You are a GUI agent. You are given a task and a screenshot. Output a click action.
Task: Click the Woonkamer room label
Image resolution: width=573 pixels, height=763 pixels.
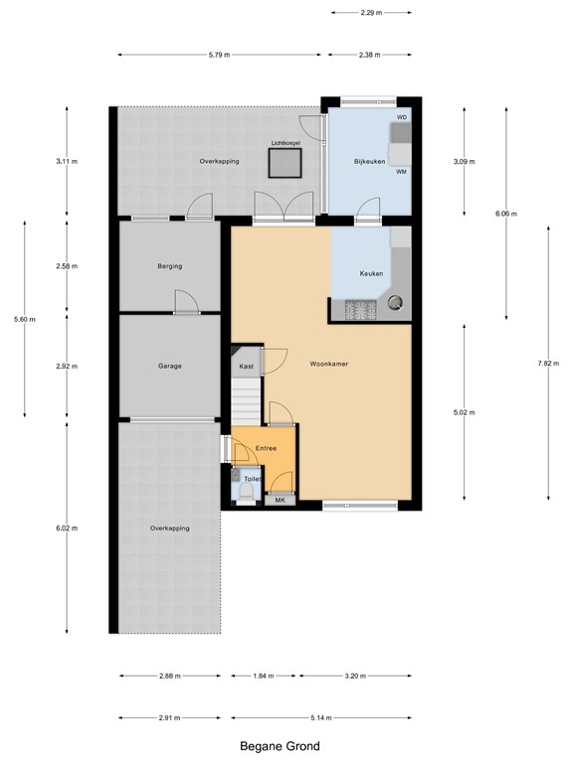(x=327, y=364)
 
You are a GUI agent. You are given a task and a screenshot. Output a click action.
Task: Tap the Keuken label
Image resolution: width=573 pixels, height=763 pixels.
(x=371, y=273)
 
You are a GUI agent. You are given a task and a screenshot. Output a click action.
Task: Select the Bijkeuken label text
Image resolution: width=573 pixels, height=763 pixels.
(x=369, y=161)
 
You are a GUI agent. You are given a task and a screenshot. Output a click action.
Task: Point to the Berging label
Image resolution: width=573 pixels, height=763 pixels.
(x=169, y=266)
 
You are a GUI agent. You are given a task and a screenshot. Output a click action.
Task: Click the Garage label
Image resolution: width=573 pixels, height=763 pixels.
(x=169, y=367)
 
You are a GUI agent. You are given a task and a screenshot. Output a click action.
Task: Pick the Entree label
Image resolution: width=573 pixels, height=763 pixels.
(x=266, y=449)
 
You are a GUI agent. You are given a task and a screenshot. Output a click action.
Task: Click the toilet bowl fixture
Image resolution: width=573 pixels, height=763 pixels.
(x=247, y=491)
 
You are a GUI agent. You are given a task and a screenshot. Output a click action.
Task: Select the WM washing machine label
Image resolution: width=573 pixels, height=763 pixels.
(x=402, y=172)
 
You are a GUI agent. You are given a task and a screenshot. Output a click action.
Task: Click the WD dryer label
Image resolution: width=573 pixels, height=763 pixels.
(x=402, y=118)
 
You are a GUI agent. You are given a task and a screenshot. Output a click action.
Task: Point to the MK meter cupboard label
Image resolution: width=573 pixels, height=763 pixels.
(x=280, y=500)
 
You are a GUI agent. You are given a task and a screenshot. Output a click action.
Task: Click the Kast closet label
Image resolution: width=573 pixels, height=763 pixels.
(x=246, y=367)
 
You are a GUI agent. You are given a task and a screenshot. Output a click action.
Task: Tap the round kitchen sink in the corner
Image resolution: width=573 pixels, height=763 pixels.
(x=398, y=303)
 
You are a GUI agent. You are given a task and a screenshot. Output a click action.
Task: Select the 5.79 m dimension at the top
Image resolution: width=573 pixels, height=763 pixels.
(x=219, y=55)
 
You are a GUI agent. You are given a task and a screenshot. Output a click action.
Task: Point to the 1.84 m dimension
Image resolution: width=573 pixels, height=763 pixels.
(x=264, y=677)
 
